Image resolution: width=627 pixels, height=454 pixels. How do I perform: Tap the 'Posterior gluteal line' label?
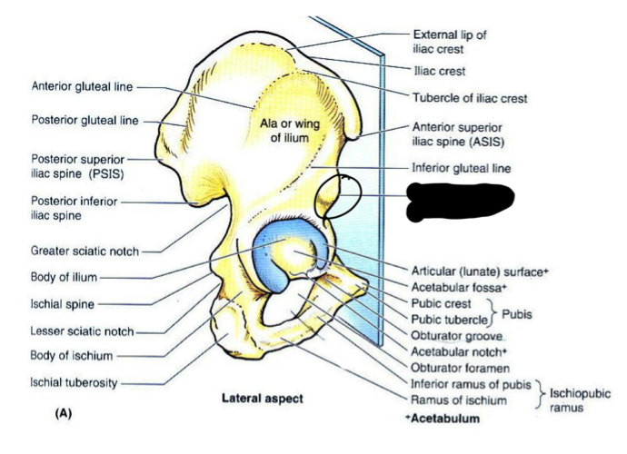click(x=85, y=119)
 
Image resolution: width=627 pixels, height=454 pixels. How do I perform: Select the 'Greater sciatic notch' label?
click(x=81, y=249)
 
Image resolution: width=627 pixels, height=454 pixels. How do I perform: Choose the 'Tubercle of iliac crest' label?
click(x=470, y=98)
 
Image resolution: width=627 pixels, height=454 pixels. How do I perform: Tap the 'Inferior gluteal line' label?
click(x=461, y=168)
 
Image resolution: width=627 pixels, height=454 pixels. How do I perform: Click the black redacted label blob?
click(x=460, y=198)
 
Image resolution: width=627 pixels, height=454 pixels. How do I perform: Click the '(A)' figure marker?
click(x=64, y=414)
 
